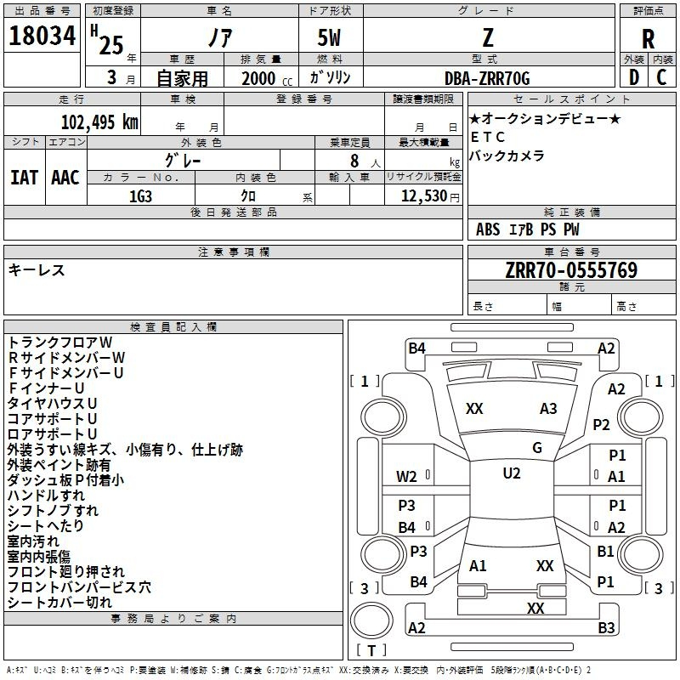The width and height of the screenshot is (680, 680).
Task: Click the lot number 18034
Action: [x=42, y=36]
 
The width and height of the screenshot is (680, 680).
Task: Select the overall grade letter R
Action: [x=648, y=39]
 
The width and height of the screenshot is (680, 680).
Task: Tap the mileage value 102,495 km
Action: [x=99, y=122]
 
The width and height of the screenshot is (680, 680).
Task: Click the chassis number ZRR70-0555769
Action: [x=571, y=270]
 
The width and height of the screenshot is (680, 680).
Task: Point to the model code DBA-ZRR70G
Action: [x=487, y=78]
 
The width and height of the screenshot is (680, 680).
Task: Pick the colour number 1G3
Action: [x=140, y=196]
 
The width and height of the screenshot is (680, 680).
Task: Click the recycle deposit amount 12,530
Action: [x=424, y=196]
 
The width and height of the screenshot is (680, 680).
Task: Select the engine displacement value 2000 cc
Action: [x=267, y=78]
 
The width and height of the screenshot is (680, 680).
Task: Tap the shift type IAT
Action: [x=24, y=178]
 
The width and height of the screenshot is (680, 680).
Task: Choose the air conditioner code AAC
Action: [x=65, y=178]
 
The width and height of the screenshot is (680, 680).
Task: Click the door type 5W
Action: [x=329, y=37]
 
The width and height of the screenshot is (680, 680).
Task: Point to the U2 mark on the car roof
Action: [x=512, y=473]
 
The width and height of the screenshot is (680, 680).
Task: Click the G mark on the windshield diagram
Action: [x=537, y=448]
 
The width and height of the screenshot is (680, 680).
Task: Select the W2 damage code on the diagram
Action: [x=406, y=477]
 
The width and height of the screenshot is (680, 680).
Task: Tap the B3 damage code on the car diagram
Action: [x=606, y=627]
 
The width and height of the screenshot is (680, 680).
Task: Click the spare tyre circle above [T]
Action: [x=371, y=620]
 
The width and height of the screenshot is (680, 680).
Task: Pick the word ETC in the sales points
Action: [x=488, y=137]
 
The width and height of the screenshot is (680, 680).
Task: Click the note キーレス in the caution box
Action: [x=37, y=270]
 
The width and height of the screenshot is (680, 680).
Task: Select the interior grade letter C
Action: [x=661, y=77]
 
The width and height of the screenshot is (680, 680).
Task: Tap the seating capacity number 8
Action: [x=354, y=161]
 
